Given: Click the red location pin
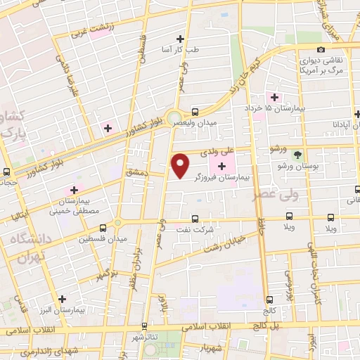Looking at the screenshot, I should click(181, 165).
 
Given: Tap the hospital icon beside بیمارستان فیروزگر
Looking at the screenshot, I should click(223, 166).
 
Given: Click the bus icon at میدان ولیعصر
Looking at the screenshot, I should click(195, 111).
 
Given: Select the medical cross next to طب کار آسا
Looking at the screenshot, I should click(180, 39).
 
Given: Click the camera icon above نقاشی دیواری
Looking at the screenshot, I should click(321, 49).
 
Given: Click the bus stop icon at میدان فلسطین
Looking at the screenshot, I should click(103, 228).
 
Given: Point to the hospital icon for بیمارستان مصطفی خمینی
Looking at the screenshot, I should click(73, 191).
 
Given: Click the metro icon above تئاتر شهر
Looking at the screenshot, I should click(145, 326).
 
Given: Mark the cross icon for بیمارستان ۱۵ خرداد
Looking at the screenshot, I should click(275, 96).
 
